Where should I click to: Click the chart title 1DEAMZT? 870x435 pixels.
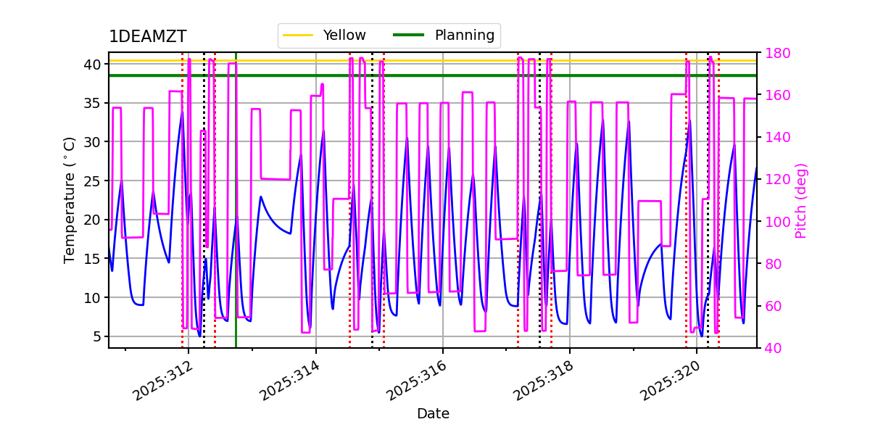click(147, 37)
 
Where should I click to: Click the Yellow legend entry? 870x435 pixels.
click(344, 36)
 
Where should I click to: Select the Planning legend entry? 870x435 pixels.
click(464, 36)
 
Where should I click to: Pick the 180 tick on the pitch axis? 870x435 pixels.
click(775, 53)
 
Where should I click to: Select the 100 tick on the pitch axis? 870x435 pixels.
click(775, 222)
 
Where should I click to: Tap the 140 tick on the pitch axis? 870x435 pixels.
click(775, 138)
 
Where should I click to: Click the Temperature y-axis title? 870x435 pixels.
click(70, 199)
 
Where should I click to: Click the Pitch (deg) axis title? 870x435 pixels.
click(801, 200)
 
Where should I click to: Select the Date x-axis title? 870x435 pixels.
click(433, 414)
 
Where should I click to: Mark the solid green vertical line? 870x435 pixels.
click(236, 217)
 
